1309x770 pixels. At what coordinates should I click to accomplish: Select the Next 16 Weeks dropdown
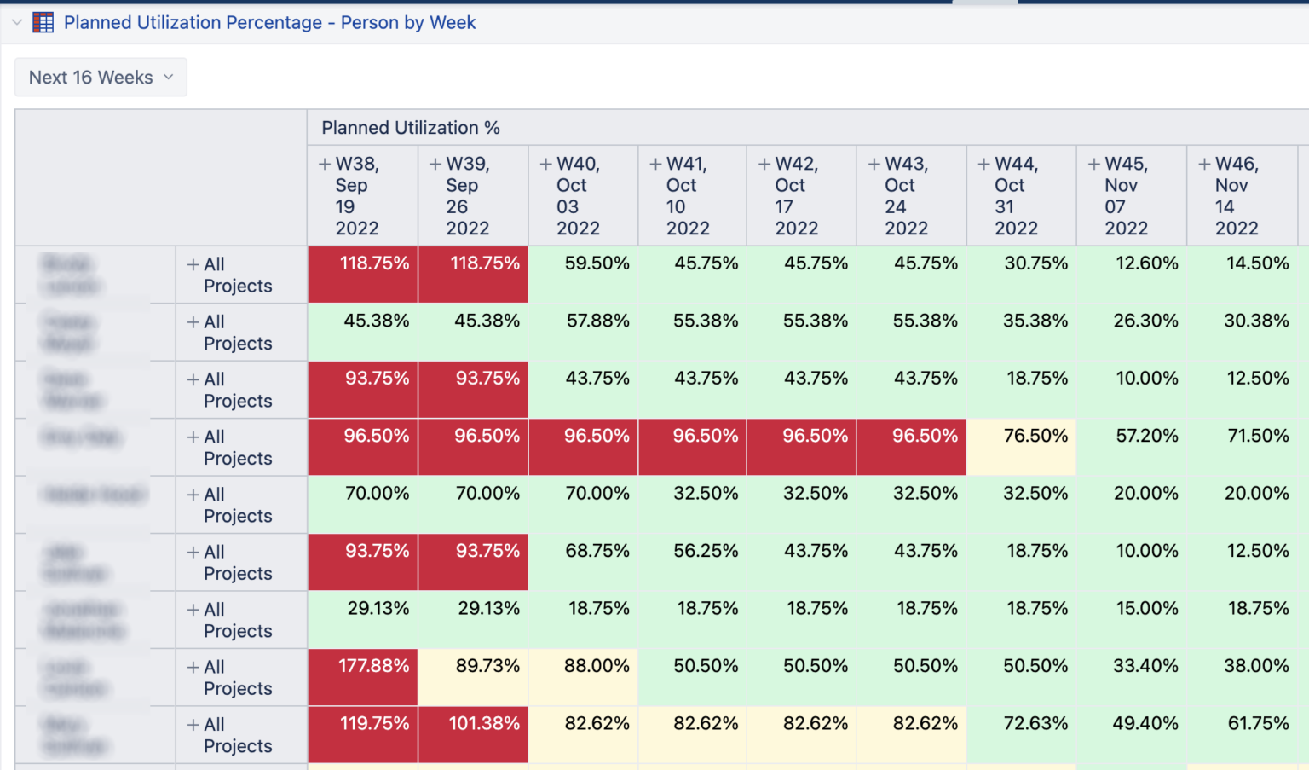tap(101, 78)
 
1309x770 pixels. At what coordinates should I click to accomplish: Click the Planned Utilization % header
tap(410, 128)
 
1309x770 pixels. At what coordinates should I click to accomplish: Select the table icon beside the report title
tap(43, 23)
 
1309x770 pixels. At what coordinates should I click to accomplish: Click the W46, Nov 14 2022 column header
tap(1241, 195)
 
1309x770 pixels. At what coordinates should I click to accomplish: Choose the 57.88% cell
tap(583, 331)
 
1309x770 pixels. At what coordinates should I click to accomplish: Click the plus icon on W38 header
tap(325, 164)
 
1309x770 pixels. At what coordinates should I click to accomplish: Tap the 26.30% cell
tap(1132, 331)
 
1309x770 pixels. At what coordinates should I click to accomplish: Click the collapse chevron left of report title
tap(17, 22)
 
